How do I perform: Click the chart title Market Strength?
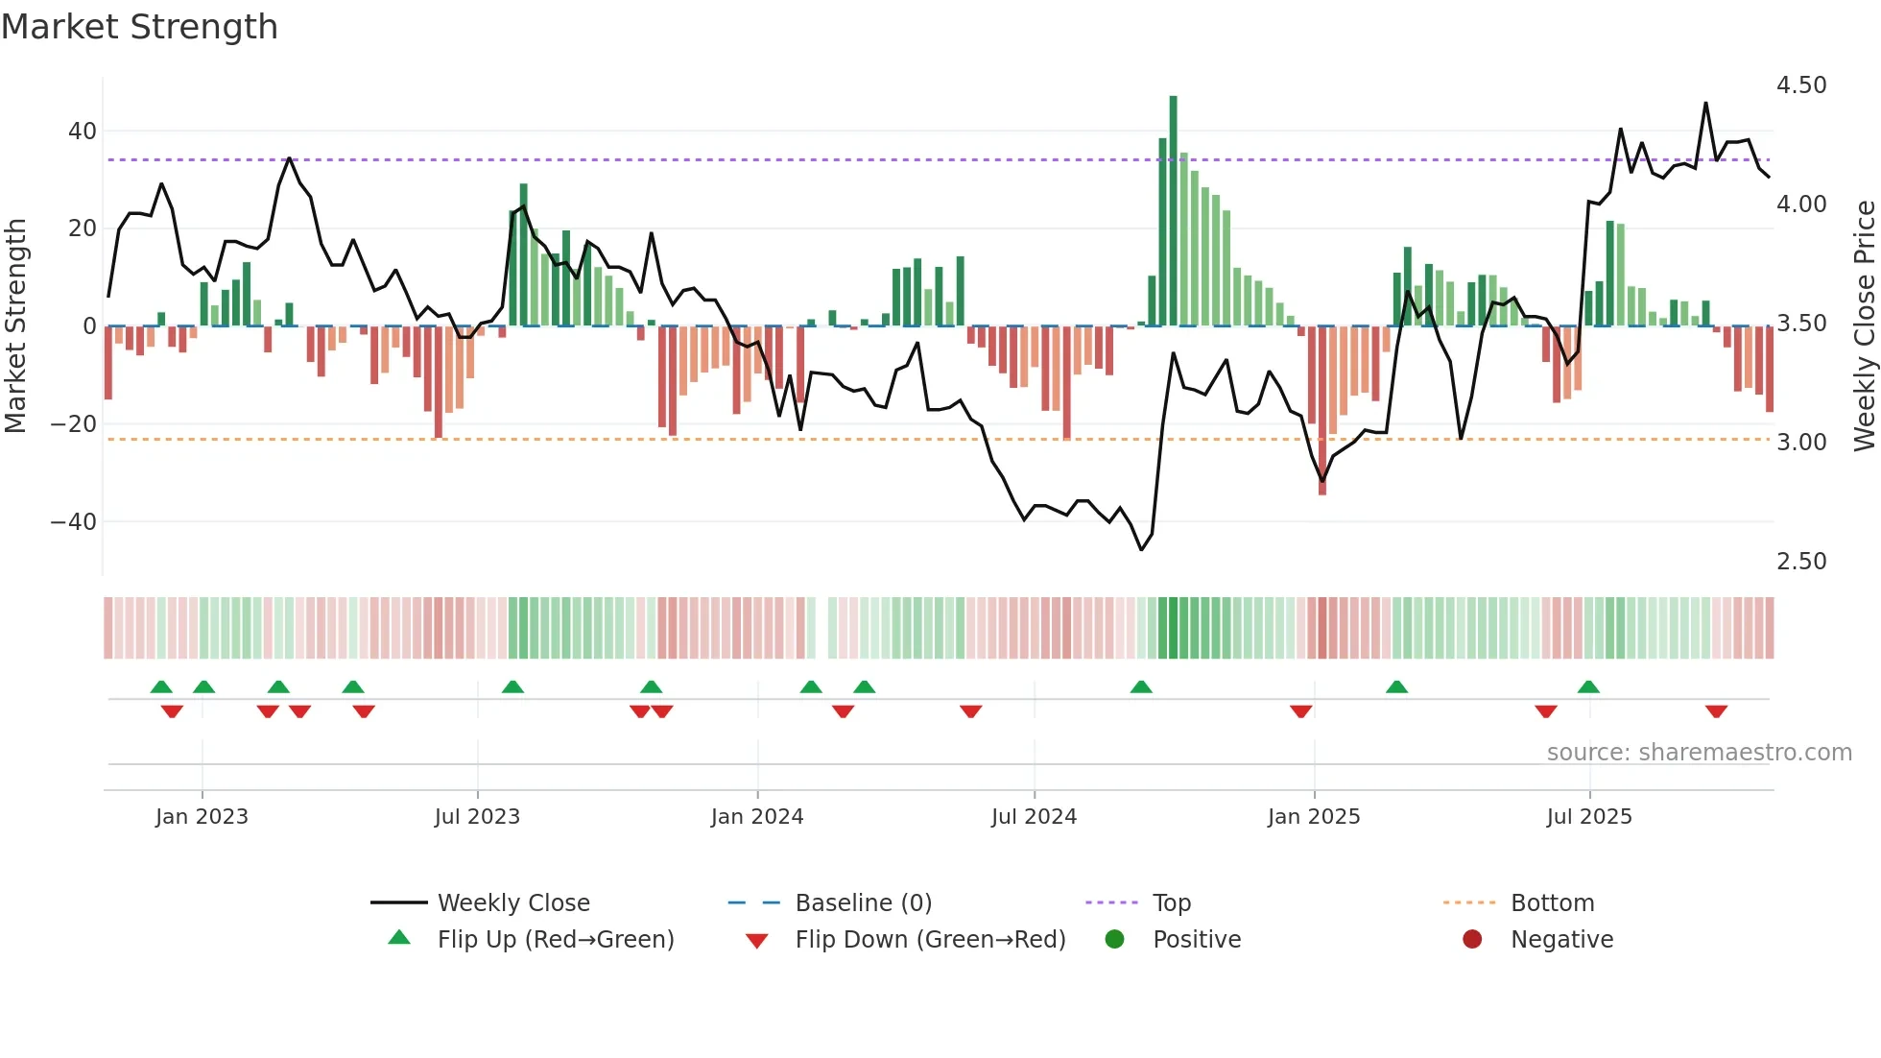[x=139, y=27]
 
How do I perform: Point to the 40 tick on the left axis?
[x=83, y=131]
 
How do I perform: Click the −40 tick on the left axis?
[x=74, y=521]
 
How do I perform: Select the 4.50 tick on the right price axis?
[x=1801, y=85]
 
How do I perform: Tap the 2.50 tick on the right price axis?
[x=1801, y=562]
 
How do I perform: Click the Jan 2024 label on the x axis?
[x=757, y=817]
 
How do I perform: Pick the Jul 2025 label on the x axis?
[x=1589, y=817]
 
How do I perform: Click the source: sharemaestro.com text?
[x=1699, y=753]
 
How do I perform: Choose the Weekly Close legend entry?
[x=513, y=903]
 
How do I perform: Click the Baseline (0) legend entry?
[x=863, y=903]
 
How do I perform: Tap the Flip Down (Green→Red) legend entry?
[x=930, y=940]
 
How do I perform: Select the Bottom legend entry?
[x=1552, y=903]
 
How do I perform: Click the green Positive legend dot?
[x=1114, y=939]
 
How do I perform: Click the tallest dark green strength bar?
[x=1173, y=211]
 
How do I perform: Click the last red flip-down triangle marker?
[x=1716, y=711]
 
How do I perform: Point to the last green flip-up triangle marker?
[x=1588, y=686]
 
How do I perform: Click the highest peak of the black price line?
[x=1705, y=104]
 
